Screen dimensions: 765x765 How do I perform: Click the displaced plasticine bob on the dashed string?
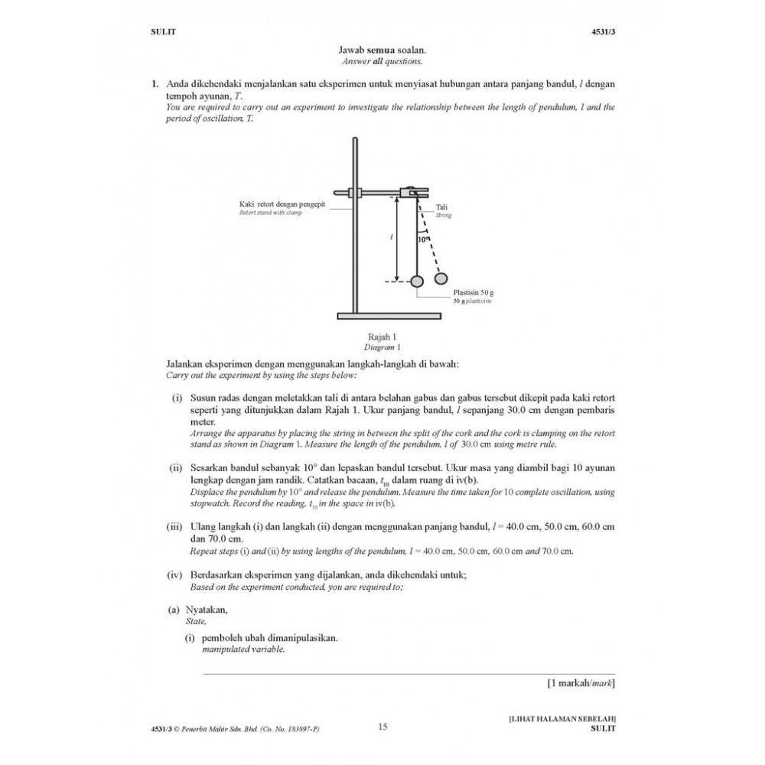click(442, 276)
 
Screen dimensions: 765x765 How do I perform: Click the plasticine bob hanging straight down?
click(417, 282)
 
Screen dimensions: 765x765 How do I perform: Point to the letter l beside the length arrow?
click(391, 238)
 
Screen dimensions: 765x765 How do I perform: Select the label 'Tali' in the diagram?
click(441, 207)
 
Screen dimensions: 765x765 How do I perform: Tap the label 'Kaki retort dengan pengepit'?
click(282, 204)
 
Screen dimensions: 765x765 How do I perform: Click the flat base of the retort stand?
click(389, 315)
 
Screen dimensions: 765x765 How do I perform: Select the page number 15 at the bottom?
click(383, 727)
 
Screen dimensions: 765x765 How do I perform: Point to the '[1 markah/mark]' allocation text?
click(581, 682)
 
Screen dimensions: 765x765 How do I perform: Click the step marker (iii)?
click(175, 527)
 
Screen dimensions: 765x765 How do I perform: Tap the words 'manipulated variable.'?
click(243, 649)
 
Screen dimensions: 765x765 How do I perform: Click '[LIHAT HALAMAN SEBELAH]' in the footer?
click(562, 719)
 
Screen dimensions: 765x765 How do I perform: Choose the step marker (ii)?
click(175, 467)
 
